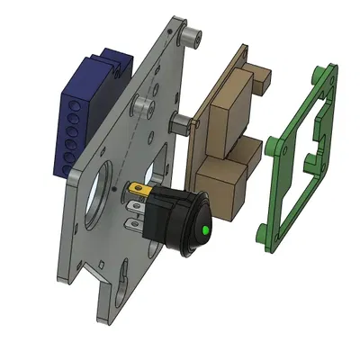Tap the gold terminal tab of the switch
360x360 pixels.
(x=139, y=191)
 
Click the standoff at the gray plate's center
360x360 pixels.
(x=143, y=105)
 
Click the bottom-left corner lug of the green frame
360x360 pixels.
(x=264, y=238)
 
